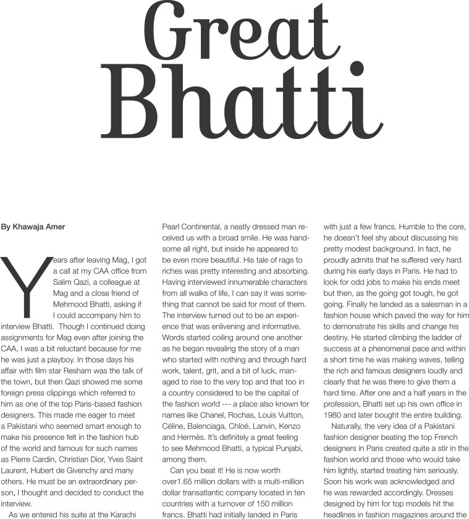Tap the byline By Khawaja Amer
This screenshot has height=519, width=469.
click(x=33, y=227)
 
